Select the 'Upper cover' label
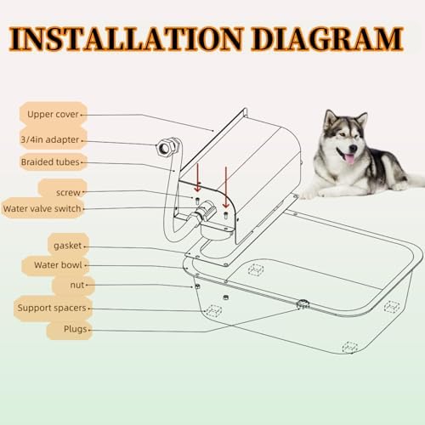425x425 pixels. pos(52,113)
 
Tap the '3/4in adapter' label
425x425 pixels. pos(52,141)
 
